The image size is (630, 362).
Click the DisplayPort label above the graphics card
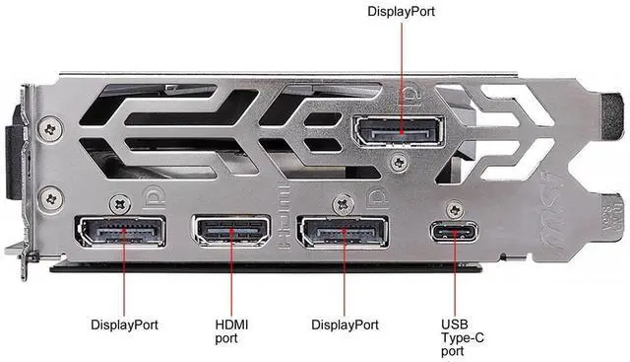[401, 11]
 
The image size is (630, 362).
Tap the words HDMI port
[231, 331]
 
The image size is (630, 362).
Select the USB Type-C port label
[462, 337]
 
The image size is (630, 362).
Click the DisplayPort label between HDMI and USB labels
[345, 325]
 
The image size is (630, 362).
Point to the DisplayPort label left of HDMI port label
[124, 325]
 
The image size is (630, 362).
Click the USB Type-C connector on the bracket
[455, 232]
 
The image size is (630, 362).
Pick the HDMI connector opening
[231, 231]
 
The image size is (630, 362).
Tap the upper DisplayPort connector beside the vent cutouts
[399, 131]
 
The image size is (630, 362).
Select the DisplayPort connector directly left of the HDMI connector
[120, 232]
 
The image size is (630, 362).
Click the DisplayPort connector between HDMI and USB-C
[343, 232]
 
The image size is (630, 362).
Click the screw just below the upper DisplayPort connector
[400, 163]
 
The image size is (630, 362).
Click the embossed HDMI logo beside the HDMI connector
[283, 217]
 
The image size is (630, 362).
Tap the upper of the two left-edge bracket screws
[50, 129]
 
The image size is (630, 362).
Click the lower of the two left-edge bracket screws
[51, 199]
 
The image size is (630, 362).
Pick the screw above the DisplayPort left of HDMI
[120, 204]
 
